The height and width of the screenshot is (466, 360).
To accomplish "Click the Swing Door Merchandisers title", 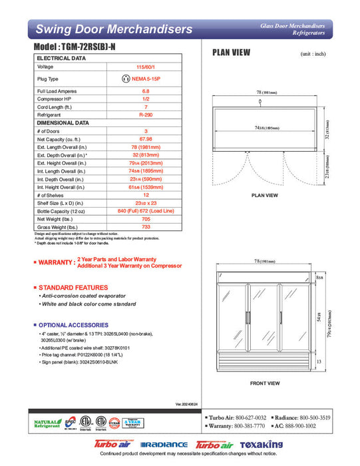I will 114,29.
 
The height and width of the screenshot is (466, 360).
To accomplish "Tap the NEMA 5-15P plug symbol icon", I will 126,79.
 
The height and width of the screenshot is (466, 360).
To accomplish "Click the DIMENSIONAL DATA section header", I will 63,123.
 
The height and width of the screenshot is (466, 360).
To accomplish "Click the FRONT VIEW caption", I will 264,383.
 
